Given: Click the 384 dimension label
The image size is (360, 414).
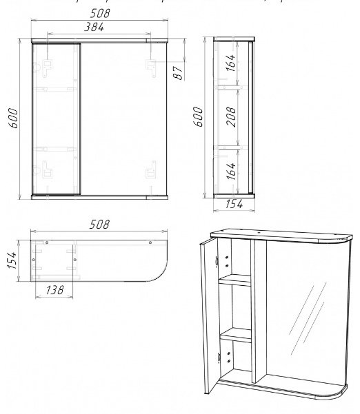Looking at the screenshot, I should tap(94, 27).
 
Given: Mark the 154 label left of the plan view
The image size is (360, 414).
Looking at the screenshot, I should tap(11, 261).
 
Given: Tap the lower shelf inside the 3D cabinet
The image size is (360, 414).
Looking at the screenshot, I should tap(235, 335).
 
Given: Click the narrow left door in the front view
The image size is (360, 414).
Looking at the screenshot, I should tap(57, 118).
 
